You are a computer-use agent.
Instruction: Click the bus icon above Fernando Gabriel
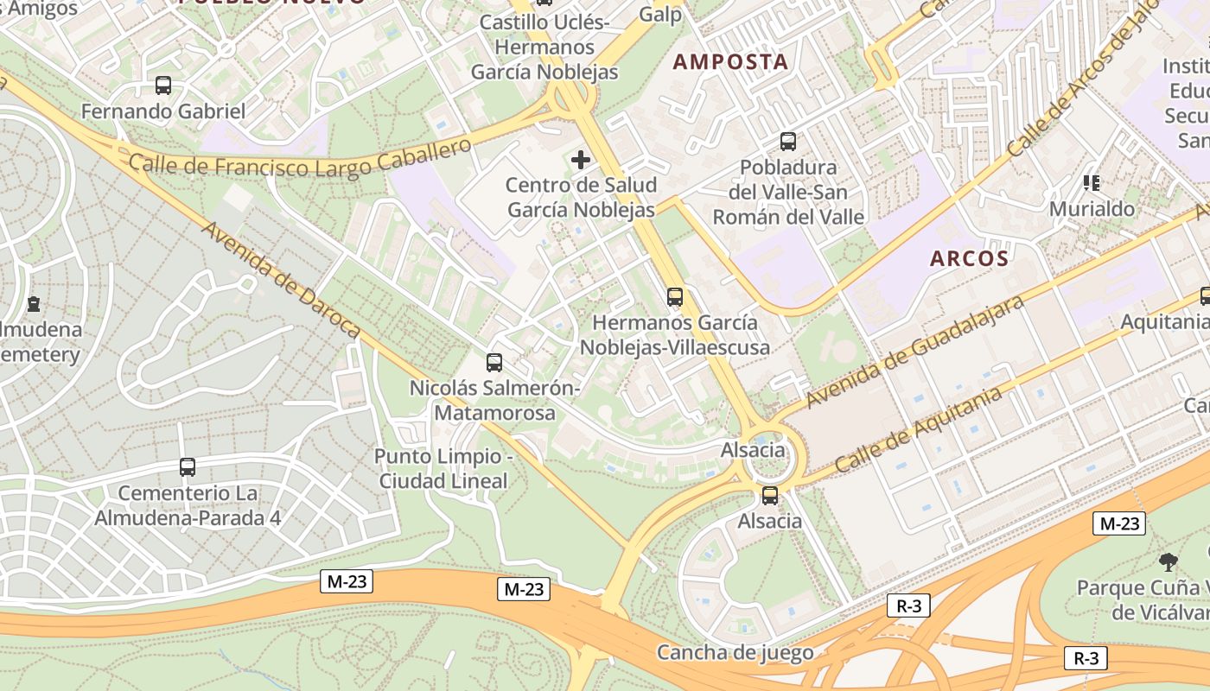point(163,86)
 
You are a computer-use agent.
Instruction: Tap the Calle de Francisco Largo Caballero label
point(300,158)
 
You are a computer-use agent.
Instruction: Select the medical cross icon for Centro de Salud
point(581,159)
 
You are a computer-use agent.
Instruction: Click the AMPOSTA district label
point(730,61)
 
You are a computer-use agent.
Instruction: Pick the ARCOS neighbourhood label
point(970,258)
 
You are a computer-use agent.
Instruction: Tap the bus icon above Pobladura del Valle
point(787,141)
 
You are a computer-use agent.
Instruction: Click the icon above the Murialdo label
point(1091,182)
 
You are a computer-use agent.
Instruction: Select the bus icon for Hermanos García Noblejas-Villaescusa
point(675,297)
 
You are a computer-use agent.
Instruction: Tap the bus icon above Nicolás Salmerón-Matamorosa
point(494,363)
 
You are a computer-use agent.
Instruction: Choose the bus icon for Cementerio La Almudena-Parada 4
point(188,467)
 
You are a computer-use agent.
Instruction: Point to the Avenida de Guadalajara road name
point(914,352)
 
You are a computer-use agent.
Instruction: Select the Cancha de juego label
point(735,652)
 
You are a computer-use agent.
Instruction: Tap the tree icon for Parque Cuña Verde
point(1169,562)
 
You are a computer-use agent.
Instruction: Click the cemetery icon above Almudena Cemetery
point(33,304)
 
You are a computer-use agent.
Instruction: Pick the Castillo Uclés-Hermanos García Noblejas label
point(544,47)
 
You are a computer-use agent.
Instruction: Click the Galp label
point(660,15)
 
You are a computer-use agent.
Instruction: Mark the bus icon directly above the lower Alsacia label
point(769,496)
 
